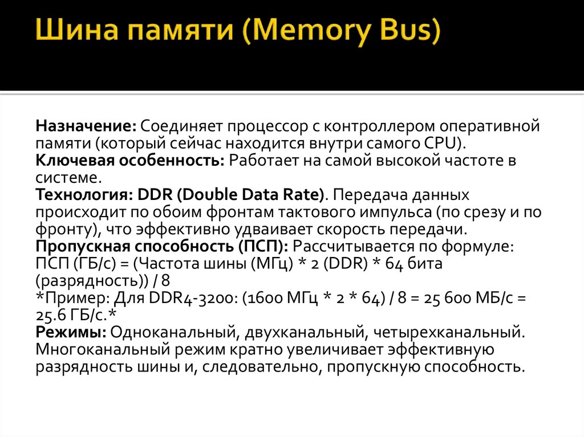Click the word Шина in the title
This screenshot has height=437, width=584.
69,32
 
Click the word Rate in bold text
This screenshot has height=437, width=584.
301,195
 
